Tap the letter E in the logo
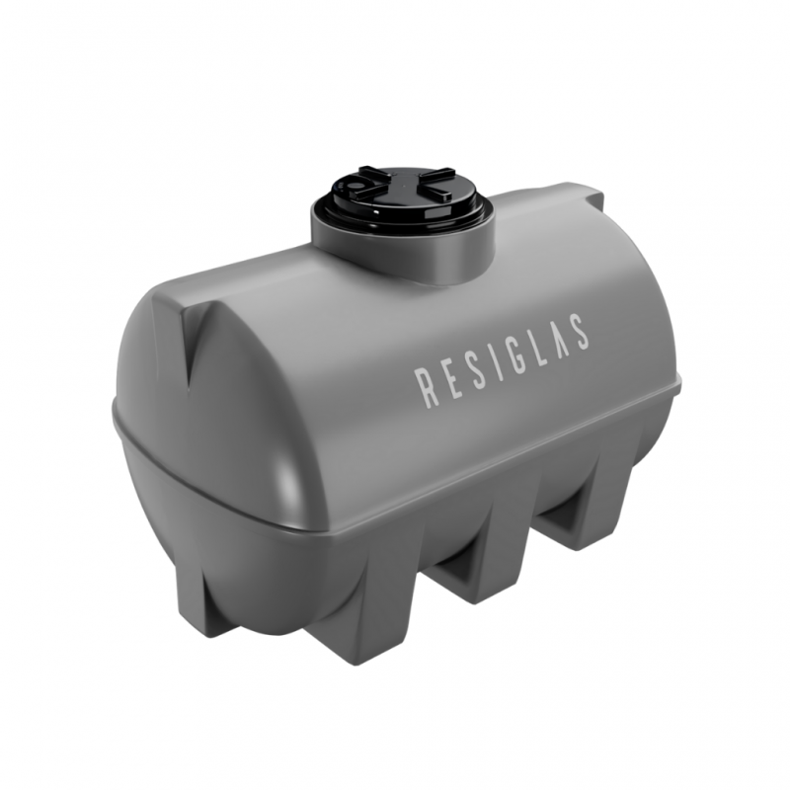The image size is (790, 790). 449,379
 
